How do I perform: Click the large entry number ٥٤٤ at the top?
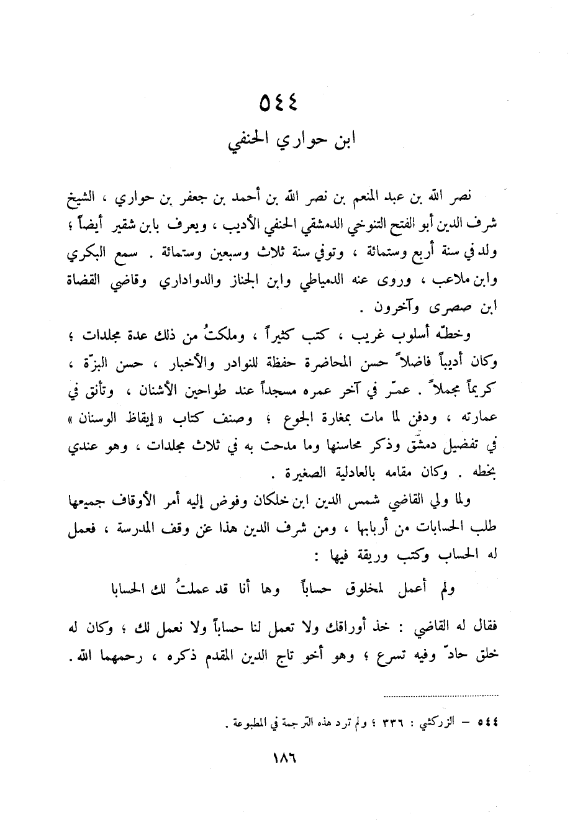pyautogui.click(x=278, y=103)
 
